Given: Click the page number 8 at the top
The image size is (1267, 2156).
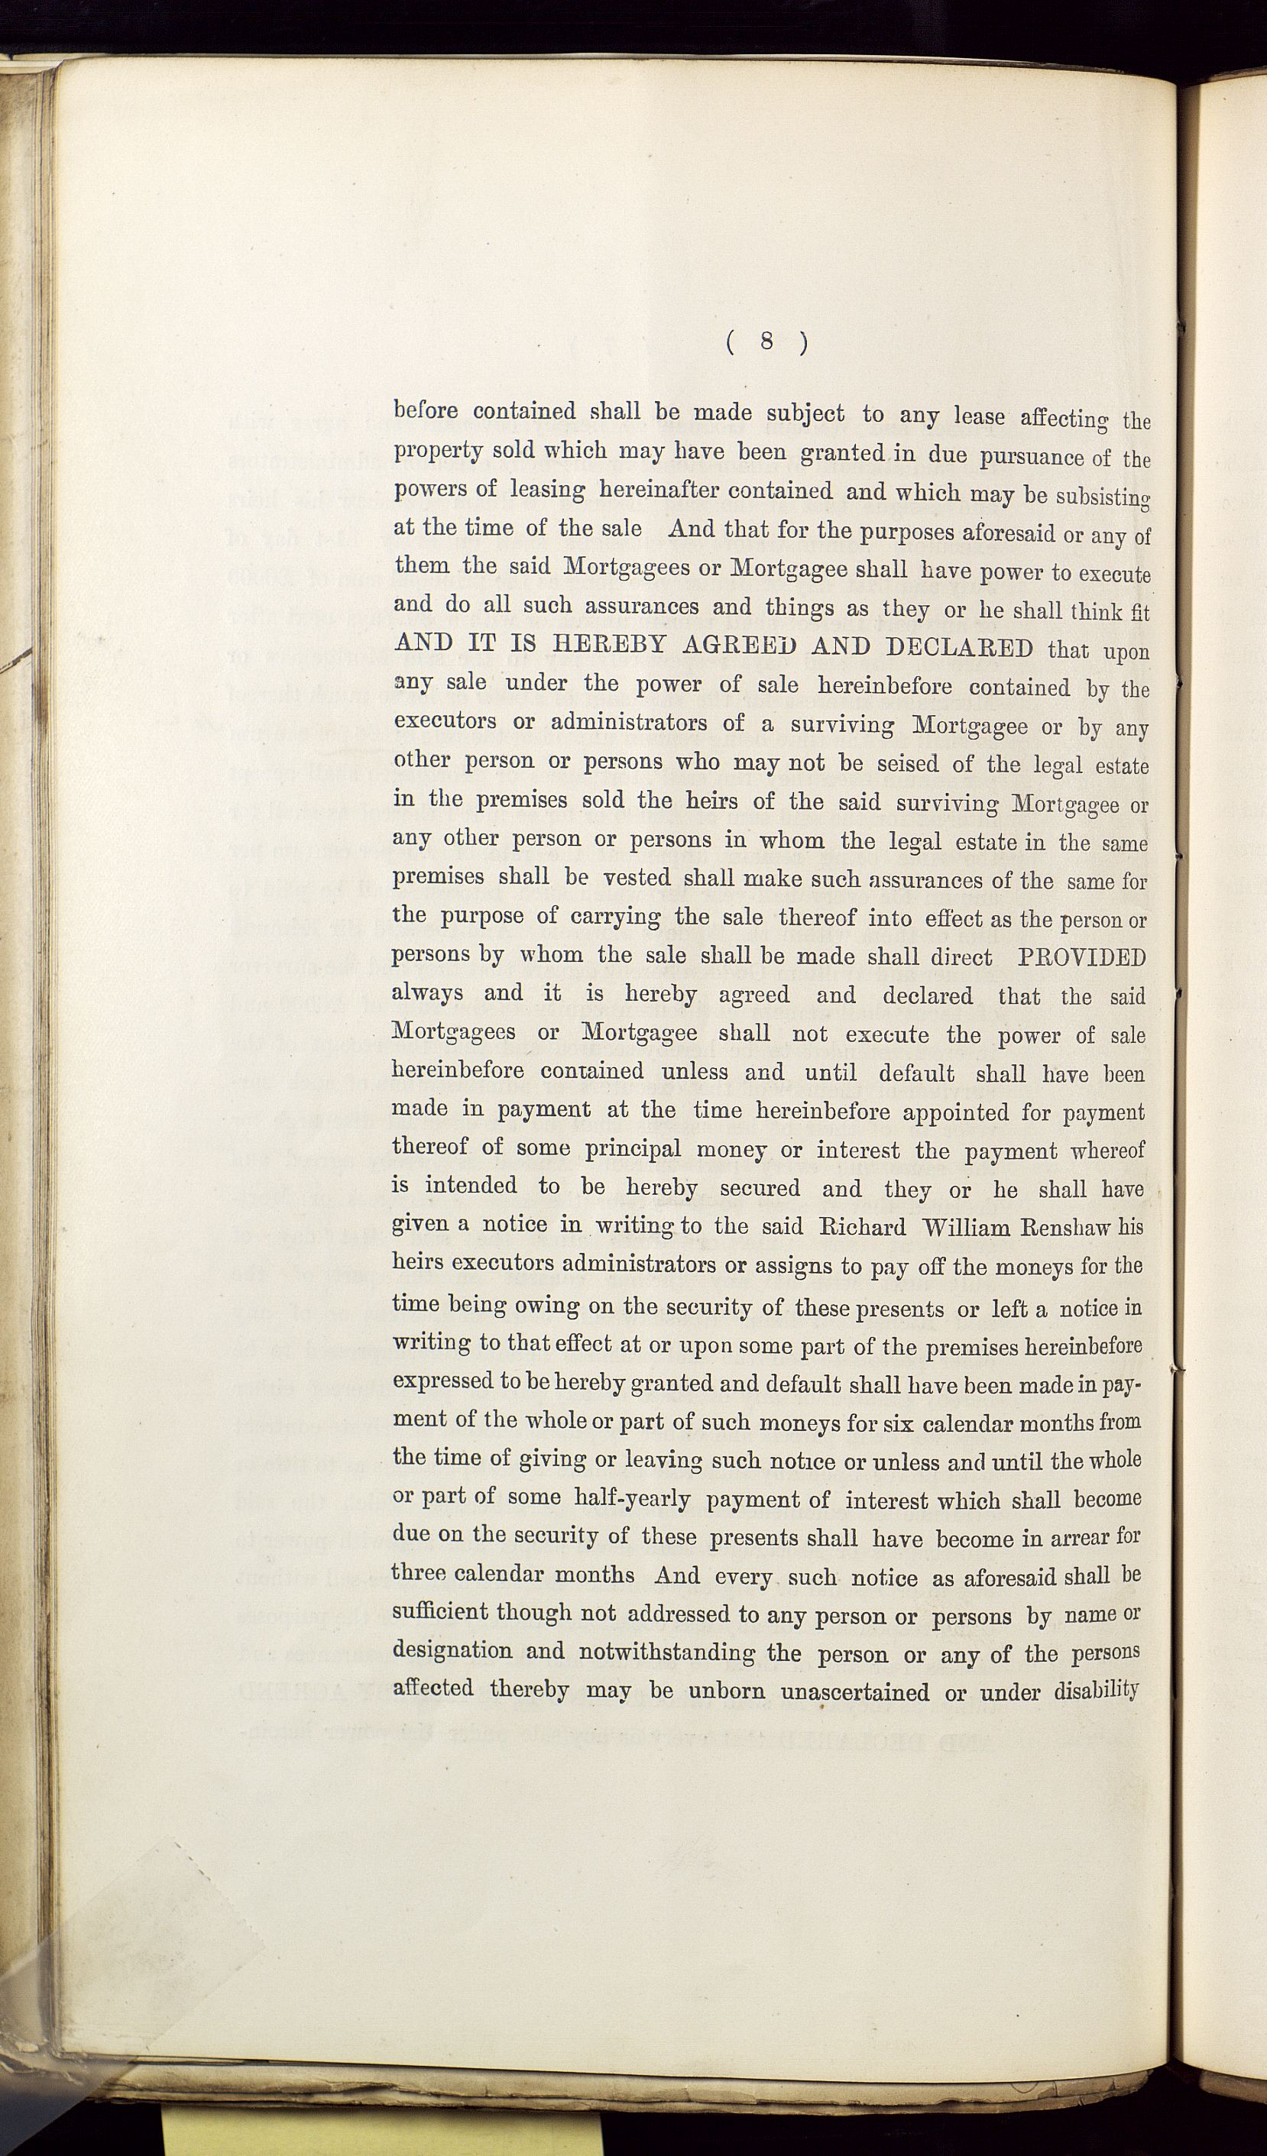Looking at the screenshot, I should [x=766, y=342].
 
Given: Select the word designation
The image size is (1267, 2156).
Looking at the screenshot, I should [x=452, y=1651].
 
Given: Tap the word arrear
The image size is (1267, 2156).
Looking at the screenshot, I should [x=1079, y=1537].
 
